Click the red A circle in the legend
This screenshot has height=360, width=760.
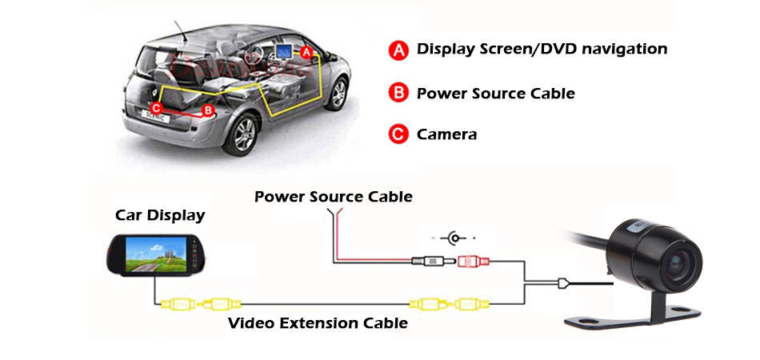[398, 50]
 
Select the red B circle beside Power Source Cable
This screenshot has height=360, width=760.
[398, 94]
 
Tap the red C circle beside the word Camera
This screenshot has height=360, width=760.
[398, 134]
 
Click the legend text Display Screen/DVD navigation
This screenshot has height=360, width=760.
[542, 50]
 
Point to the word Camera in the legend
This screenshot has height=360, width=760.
[446, 134]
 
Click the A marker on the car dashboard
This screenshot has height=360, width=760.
[305, 50]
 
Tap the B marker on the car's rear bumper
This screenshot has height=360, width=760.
[208, 110]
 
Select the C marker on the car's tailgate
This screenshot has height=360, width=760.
[157, 106]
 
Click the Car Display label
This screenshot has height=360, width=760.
[160, 215]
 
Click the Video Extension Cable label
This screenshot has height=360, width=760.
[318, 323]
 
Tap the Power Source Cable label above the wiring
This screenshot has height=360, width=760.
[334, 196]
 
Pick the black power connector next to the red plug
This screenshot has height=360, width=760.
[429, 260]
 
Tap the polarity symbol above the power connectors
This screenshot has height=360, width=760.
[455, 238]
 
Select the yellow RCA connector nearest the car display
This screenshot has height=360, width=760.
[177, 304]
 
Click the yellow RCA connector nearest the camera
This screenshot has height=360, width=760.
[467, 304]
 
